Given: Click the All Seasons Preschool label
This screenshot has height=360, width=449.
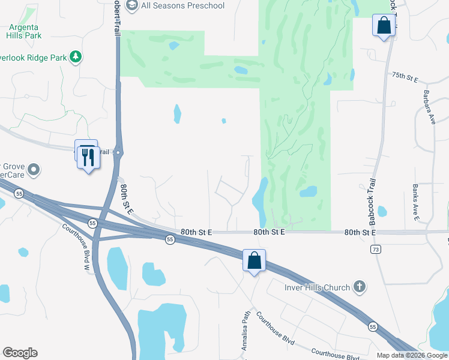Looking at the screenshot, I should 182,6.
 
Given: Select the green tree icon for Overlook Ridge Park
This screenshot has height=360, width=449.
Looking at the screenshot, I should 76,57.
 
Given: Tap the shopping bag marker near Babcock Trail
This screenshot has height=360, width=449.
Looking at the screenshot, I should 384,26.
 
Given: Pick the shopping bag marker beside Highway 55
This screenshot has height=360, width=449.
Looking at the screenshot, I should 255,261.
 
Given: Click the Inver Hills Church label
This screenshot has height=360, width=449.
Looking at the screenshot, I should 317,287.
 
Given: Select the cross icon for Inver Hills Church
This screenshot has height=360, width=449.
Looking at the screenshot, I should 360,287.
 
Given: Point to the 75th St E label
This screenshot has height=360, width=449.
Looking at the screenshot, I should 405,76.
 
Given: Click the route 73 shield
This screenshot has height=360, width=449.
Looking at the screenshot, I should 376,249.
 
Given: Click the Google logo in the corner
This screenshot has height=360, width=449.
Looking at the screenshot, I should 20,353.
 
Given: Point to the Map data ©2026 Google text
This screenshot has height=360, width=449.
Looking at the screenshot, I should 411,355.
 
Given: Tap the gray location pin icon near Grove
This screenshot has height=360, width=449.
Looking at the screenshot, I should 33,170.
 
